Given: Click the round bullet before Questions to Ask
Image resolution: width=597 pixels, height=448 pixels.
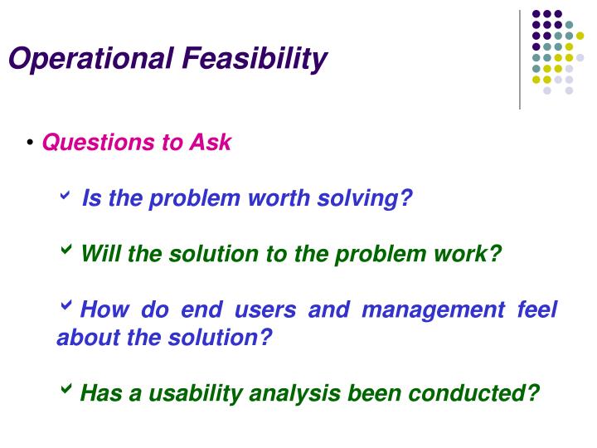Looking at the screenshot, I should (x=30, y=144).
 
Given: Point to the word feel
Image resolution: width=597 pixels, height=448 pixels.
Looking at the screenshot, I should (x=536, y=311).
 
